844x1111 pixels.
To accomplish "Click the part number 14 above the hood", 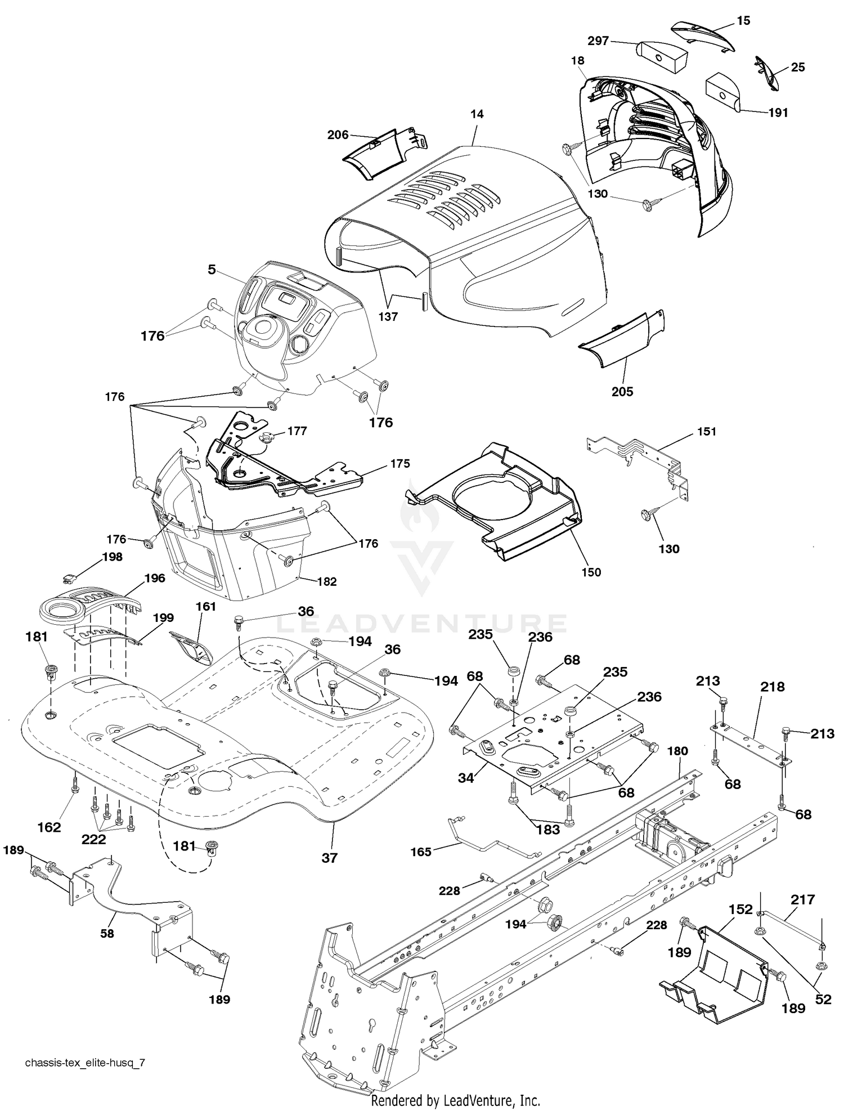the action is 477,114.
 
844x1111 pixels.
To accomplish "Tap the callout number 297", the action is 599,41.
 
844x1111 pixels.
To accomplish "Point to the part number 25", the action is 798,68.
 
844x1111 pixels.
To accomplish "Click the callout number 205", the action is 622,392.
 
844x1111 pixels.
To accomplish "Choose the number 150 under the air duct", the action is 591,572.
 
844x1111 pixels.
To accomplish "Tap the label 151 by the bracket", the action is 707,431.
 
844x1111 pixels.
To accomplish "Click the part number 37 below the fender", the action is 329,858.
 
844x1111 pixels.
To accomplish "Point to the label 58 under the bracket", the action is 106,933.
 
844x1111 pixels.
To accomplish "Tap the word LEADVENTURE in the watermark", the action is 423,624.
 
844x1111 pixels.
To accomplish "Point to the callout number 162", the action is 50,827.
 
